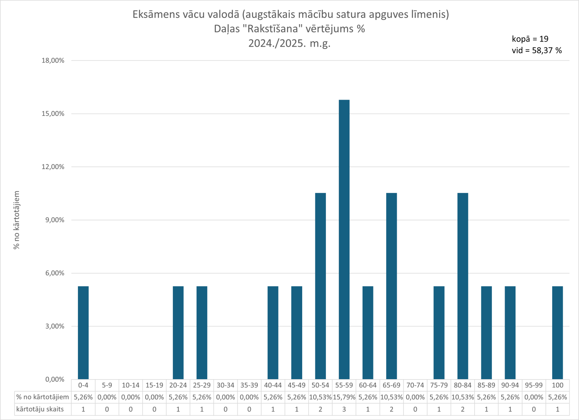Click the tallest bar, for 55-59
coord(344,239)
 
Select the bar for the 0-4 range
coord(83,332)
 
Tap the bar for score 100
coord(557,332)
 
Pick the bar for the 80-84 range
coord(463,286)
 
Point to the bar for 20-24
coord(178,332)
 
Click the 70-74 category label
coord(415,385)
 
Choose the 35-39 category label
coord(249,385)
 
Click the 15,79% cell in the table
coord(344,397)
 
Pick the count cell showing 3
coord(344,409)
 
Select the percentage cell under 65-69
coord(391,397)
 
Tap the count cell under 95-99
coord(533,409)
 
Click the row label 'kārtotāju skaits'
coord(40,409)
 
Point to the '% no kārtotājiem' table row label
coord(42,397)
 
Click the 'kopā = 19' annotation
coord(530,39)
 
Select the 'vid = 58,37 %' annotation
coord(537,50)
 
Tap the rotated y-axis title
coord(17,220)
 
